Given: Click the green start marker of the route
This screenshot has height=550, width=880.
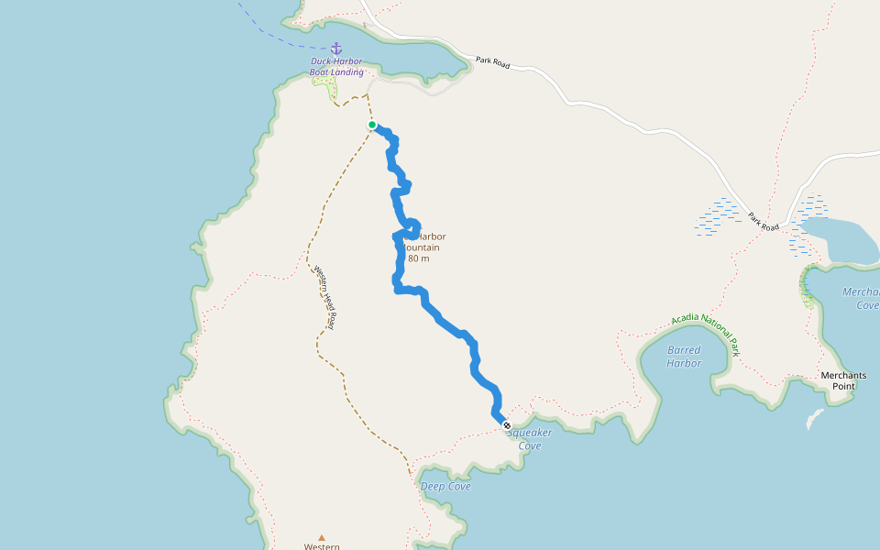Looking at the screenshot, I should [372, 125].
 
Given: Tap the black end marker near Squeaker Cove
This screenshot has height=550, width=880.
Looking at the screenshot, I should [507, 425].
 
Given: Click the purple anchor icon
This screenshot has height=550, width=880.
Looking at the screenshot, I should [335, 48].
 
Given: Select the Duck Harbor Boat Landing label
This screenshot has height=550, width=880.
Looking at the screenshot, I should [336, 67].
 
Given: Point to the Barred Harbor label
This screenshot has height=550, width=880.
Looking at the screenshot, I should [684, 357].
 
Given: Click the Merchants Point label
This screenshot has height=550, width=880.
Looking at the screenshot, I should [843, 380].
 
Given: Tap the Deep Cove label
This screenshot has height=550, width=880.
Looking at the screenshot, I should [445, 486].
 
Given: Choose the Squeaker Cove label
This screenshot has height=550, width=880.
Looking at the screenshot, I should [530, 439].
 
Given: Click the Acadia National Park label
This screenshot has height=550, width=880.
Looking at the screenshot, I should [705, 332].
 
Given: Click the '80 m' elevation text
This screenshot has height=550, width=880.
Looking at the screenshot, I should [418, 258].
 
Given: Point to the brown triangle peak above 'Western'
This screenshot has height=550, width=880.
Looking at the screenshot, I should [322, 538].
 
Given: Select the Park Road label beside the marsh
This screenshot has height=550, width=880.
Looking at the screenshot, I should [763, 222].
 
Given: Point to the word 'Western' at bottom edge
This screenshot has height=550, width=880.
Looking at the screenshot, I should [322, 546].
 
